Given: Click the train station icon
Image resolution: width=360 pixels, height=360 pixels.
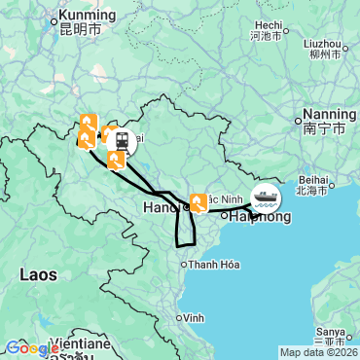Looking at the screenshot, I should coord(123,141).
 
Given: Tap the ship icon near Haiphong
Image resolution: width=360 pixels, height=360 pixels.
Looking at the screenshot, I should coord(265,198).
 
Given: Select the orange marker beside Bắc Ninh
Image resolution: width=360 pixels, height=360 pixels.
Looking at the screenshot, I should coord(198,202).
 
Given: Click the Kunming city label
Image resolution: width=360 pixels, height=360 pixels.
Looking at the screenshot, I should coord(87,16).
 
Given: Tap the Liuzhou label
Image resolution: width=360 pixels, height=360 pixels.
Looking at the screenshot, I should coord(322,44).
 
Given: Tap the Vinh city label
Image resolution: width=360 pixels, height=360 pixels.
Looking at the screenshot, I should coord(195,317).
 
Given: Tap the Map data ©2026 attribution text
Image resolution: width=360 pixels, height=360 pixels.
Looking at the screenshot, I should coord(317,352).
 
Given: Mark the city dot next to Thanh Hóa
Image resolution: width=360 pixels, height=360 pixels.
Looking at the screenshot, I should coord(182,264).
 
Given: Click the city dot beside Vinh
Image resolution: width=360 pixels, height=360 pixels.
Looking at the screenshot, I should coord(178,317).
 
